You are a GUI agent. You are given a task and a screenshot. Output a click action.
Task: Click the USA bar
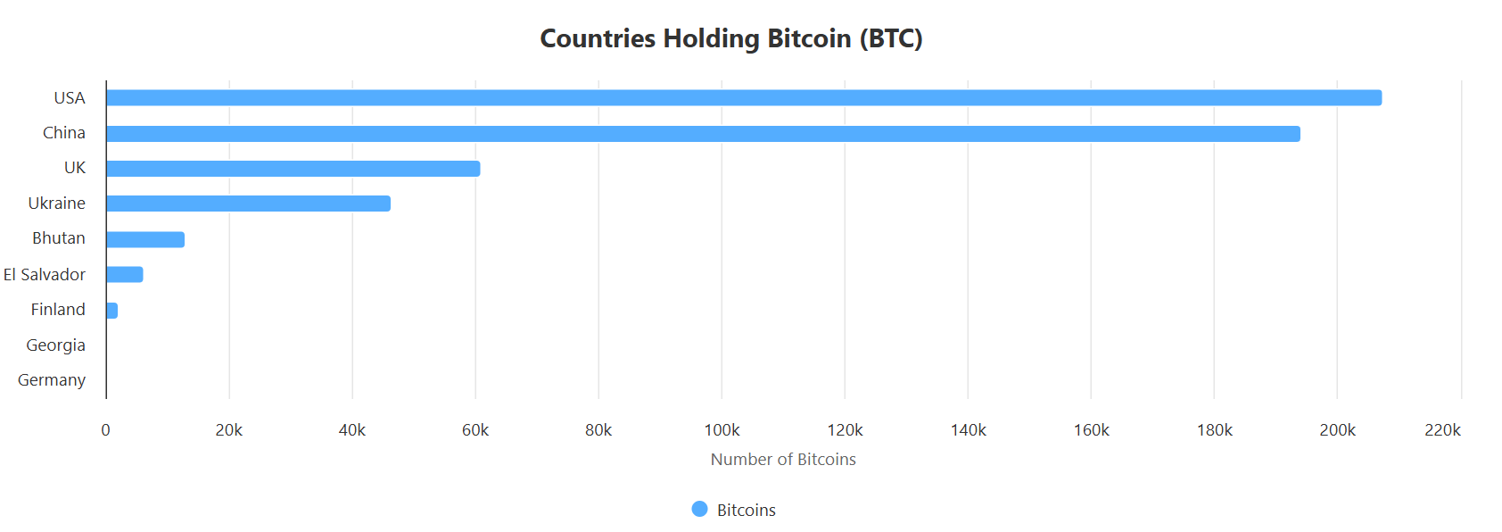[743, 98]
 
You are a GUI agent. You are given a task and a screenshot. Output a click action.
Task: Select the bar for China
[703, 134]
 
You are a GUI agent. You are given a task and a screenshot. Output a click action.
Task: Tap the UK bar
[293, 169]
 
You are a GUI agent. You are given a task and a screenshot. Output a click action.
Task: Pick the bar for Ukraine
[248, 204]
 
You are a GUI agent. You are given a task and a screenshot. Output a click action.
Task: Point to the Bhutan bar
[144, 239]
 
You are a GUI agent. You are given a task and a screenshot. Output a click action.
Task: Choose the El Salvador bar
[124, 274]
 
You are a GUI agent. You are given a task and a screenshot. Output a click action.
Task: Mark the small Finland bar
[111, 311]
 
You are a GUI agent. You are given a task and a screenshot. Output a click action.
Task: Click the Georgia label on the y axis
[55, 345]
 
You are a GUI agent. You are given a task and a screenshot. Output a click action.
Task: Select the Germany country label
[52, 380]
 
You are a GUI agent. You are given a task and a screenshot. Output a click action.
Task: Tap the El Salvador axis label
[45, 275]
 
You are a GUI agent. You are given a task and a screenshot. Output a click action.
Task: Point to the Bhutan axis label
[59, 238]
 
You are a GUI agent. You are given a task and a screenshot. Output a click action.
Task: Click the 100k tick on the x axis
[722, 430]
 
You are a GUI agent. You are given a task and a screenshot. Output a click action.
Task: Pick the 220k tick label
[1442, 430]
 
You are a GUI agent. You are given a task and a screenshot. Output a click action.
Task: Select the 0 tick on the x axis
[105, 430]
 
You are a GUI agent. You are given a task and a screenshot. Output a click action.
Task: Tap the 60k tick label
[475, 430]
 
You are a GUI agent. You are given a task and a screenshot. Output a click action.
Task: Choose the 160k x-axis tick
[1091, 430]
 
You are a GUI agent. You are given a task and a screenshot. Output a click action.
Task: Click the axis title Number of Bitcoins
[783, 460]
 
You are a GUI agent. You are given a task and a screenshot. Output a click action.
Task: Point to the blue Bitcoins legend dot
[699, 509]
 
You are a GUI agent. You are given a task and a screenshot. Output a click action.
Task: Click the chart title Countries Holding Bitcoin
[731, 38]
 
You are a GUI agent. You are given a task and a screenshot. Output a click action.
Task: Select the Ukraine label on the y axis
[57, 204]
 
